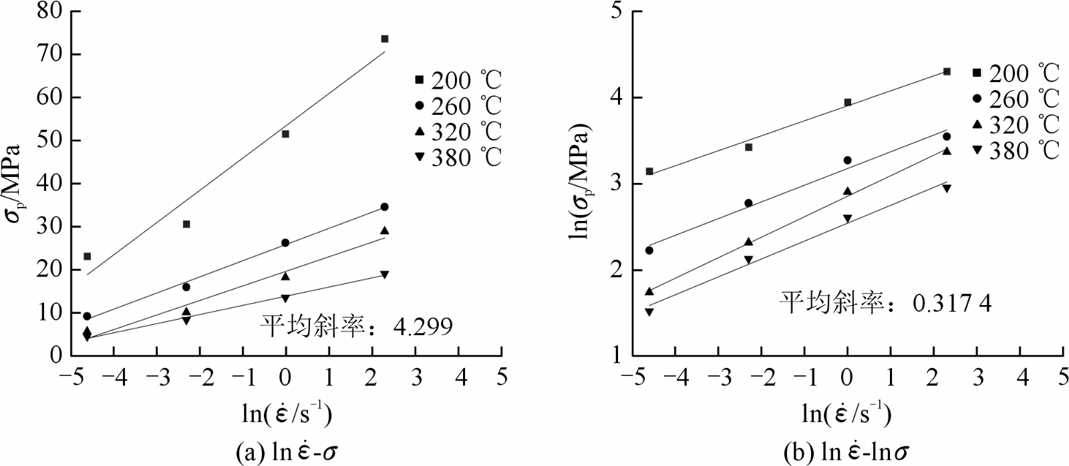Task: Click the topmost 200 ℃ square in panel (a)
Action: (385, 39)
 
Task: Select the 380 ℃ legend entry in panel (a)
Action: (458, 158)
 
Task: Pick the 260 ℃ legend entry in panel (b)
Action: (1016, 99)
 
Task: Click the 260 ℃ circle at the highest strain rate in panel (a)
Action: (385, 207)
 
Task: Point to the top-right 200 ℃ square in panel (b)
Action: (947, 71)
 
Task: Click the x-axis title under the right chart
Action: (846, 414)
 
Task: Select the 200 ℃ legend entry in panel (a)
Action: (458, 80)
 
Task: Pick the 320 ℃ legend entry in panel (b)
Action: (1016, 125)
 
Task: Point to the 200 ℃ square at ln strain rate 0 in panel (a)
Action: (286, 134)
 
